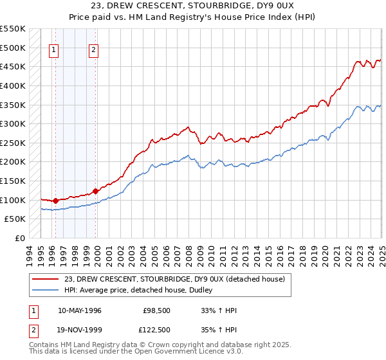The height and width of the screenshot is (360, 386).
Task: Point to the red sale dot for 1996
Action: click(55, 201)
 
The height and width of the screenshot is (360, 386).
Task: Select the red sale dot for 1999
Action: click(96, 191)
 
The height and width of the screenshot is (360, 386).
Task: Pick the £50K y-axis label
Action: click(16, 219)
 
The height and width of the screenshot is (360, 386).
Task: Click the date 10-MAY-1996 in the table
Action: click(80, 310)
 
